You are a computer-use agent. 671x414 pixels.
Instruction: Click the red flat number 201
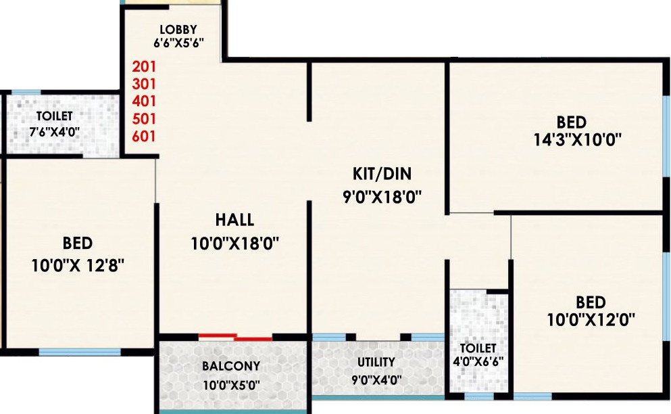(144, 66)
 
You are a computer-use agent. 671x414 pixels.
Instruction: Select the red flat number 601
(144, 136)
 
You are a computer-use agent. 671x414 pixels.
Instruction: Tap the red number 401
(144, 101)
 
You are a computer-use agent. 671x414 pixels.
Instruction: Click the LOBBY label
(178, 29)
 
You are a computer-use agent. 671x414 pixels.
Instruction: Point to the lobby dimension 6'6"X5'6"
(178, 42)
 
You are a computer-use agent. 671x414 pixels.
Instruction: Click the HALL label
(234, 220)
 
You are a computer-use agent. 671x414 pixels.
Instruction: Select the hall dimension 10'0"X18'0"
(235, 243)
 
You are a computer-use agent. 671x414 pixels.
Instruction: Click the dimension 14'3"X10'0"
(572, 140)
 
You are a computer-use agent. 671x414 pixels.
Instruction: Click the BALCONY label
(231, 366)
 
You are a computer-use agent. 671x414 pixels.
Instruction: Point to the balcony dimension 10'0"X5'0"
(231, 386)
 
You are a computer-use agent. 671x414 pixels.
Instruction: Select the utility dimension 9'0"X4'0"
(376, 380)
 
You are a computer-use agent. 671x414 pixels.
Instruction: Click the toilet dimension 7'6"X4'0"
(54, 131)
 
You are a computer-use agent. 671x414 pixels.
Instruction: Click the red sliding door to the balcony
(236, 336)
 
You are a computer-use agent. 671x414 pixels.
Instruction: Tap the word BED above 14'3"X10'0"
(572, 123)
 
